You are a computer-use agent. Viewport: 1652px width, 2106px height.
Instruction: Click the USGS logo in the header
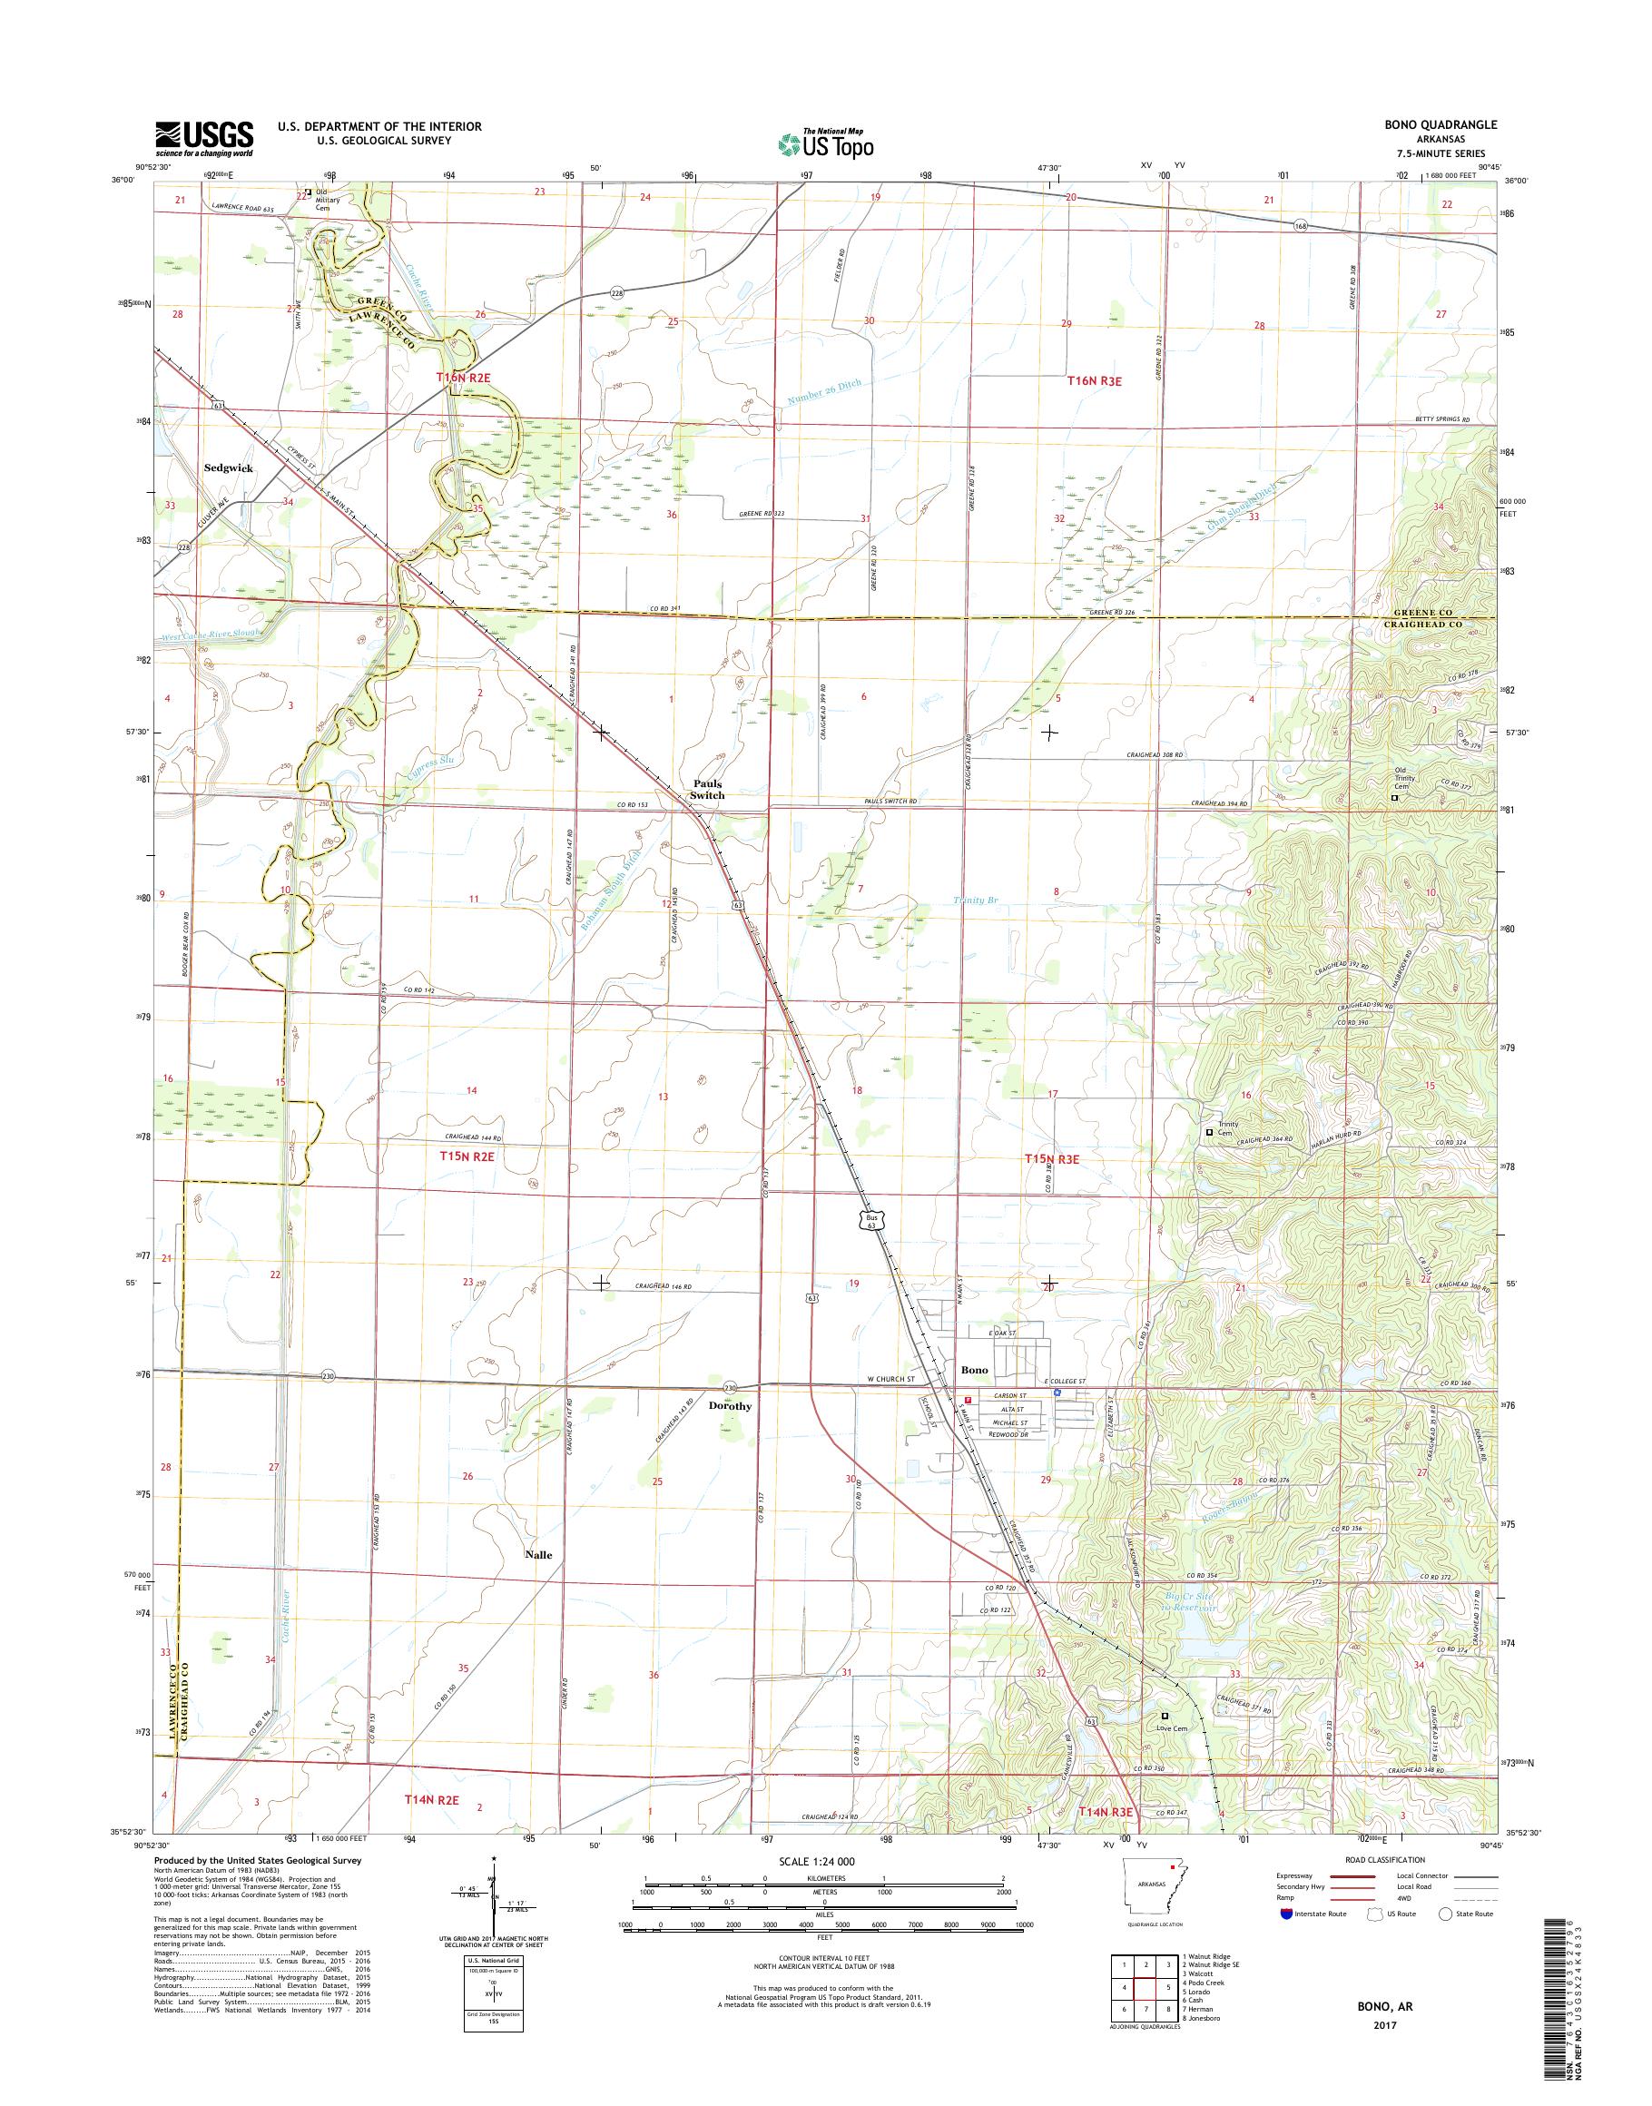point(204,139)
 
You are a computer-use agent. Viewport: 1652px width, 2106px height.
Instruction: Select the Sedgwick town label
point(228,467)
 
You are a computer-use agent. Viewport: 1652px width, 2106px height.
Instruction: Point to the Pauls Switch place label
point(706,789)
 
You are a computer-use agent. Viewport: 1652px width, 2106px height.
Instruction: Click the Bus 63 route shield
point(873,1219)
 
